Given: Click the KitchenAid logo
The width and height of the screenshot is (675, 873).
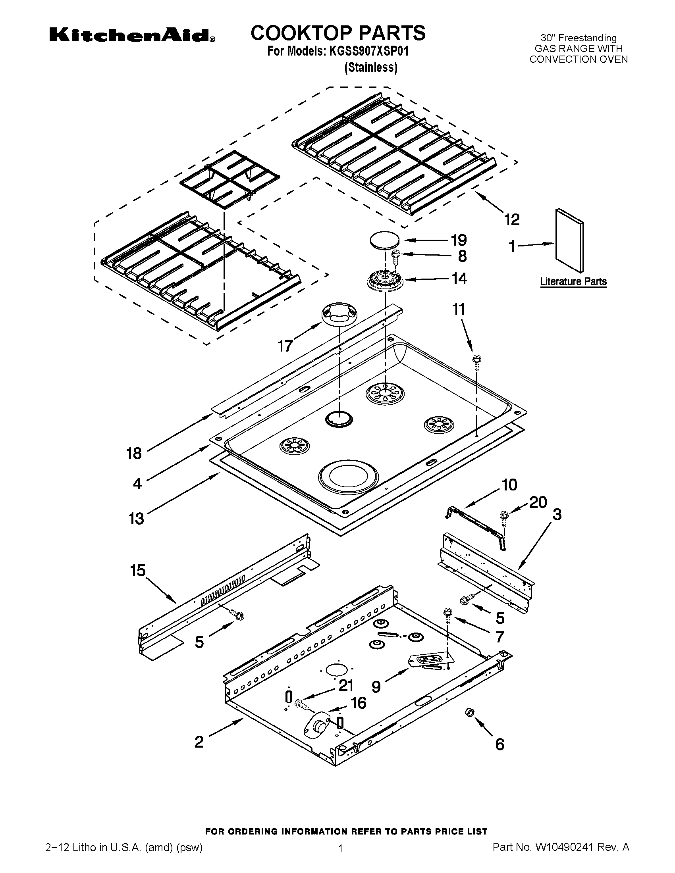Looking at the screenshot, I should point(132,35).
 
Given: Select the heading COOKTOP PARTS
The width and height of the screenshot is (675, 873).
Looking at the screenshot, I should point(338,33).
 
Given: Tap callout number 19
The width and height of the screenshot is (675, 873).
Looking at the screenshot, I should point(459,240).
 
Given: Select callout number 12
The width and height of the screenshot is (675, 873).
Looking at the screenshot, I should point(512,219).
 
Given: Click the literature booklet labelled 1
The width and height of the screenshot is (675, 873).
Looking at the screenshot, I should point(569,240).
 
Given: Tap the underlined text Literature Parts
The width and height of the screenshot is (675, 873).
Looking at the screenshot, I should point(573,281).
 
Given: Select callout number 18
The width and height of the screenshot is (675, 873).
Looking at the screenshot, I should point(134,453).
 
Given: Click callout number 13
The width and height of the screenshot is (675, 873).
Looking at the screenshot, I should point(136,519).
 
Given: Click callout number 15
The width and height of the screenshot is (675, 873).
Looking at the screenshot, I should point(137,570).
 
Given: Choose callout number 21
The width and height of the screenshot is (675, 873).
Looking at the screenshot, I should point(346,686).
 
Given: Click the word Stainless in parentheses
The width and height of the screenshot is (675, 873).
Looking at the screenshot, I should point(371,67).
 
